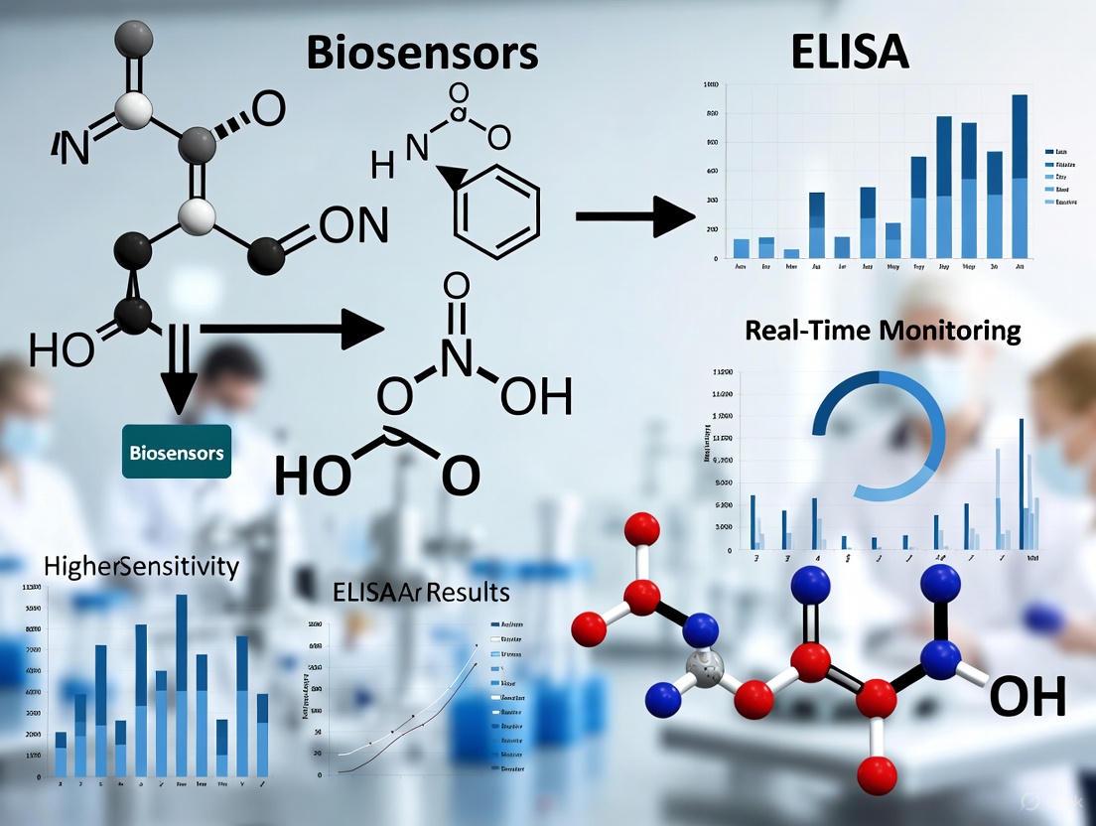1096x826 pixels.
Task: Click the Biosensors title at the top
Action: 422,52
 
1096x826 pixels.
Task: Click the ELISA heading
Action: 850,52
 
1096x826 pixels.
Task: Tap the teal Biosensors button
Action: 177,452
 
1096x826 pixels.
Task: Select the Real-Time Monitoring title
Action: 883,331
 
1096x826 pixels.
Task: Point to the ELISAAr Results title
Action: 421,593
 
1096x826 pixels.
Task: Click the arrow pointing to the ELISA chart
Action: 634,215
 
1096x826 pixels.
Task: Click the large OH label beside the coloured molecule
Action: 1027,696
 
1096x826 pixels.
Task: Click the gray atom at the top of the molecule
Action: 133,37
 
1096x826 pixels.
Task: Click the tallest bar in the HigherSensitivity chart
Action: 182,685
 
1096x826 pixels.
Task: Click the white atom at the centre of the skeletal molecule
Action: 197,214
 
